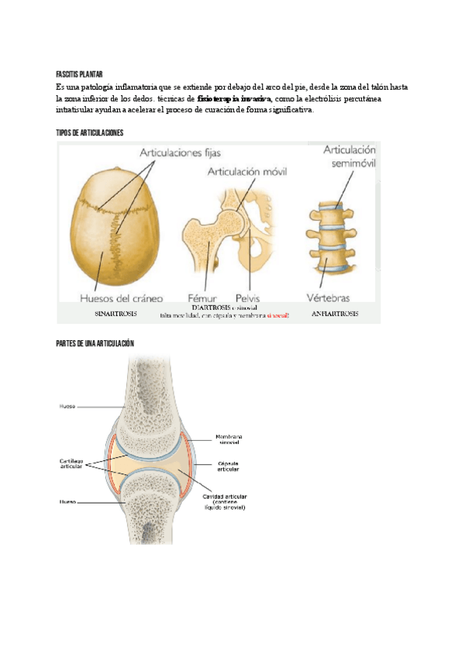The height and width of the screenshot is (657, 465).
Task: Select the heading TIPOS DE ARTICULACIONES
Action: pos(90,133)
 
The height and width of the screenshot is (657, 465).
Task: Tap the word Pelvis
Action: pos(249,297)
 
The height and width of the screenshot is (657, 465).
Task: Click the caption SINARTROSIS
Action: pos(117,314)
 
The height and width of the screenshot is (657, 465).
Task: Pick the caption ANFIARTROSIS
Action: pos(334,314)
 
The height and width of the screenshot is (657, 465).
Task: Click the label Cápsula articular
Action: pos(228,466)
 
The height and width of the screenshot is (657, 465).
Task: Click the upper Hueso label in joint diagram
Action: pos(67,405)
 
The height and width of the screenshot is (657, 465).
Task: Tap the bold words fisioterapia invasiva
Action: pos(234,100)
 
